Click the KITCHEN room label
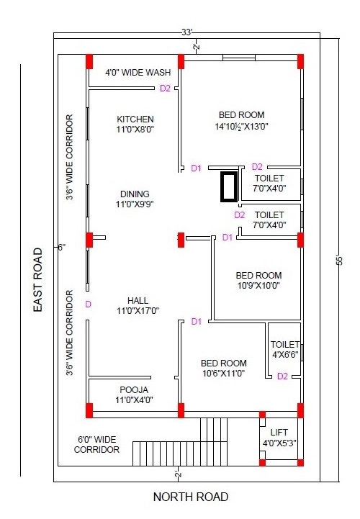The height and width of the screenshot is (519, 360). (x=135, y=124)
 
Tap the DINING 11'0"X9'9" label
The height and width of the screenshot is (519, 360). (x=135, y=199)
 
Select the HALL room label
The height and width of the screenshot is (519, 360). (x=138, y=305)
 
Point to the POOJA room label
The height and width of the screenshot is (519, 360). (x=134, y=394)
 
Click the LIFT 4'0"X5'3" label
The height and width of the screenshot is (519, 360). (x=279, y=438)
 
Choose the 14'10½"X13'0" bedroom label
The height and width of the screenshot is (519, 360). (x=241, y=120)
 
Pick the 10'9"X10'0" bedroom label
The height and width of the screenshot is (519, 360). (x=258, y=280)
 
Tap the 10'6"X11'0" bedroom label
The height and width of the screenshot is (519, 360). (x=223, y=368)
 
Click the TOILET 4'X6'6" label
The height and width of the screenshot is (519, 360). (x=285, y=350)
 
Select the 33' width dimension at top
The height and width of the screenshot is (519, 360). (x=187, y=32)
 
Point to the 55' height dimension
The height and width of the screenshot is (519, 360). (x=339, y=259)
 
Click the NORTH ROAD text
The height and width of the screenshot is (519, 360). (x=191, y=497)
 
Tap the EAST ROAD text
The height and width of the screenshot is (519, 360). (x=38, y=280)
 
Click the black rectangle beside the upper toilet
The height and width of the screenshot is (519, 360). (x=229, y=186)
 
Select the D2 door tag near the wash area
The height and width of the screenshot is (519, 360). (x=165, y=89)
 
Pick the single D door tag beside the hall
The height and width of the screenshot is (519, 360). (x=88, y=304)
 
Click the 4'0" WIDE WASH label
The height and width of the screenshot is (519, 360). (x=138, y=72)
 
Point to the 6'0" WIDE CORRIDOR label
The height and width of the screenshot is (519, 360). (x=96, y=445)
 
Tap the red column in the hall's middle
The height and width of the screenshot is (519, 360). (x=181, y=240)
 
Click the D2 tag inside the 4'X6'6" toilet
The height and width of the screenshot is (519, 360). (x=282, y=376)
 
